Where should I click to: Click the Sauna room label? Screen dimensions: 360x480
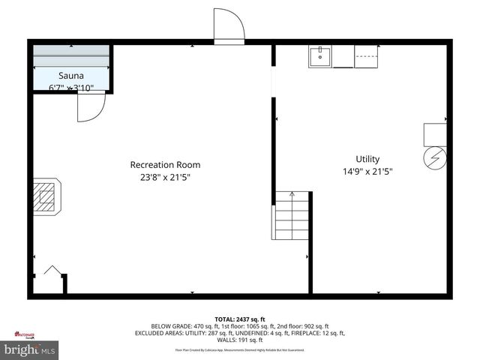72,76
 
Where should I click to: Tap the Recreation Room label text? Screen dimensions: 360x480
165,165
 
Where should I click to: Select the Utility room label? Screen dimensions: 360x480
367,159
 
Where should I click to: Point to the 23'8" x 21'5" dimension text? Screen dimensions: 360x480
165,178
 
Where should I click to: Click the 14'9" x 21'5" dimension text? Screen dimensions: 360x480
367,172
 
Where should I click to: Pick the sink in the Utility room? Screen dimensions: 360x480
320,56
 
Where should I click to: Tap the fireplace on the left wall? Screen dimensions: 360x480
46,196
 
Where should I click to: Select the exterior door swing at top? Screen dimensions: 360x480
229,28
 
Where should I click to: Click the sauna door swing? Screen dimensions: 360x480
90,107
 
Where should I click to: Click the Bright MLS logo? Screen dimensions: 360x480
30,350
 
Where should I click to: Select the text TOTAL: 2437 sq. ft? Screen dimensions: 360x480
240,319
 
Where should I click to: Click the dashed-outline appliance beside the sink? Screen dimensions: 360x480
366,56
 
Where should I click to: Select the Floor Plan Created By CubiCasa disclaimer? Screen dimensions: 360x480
240,349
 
